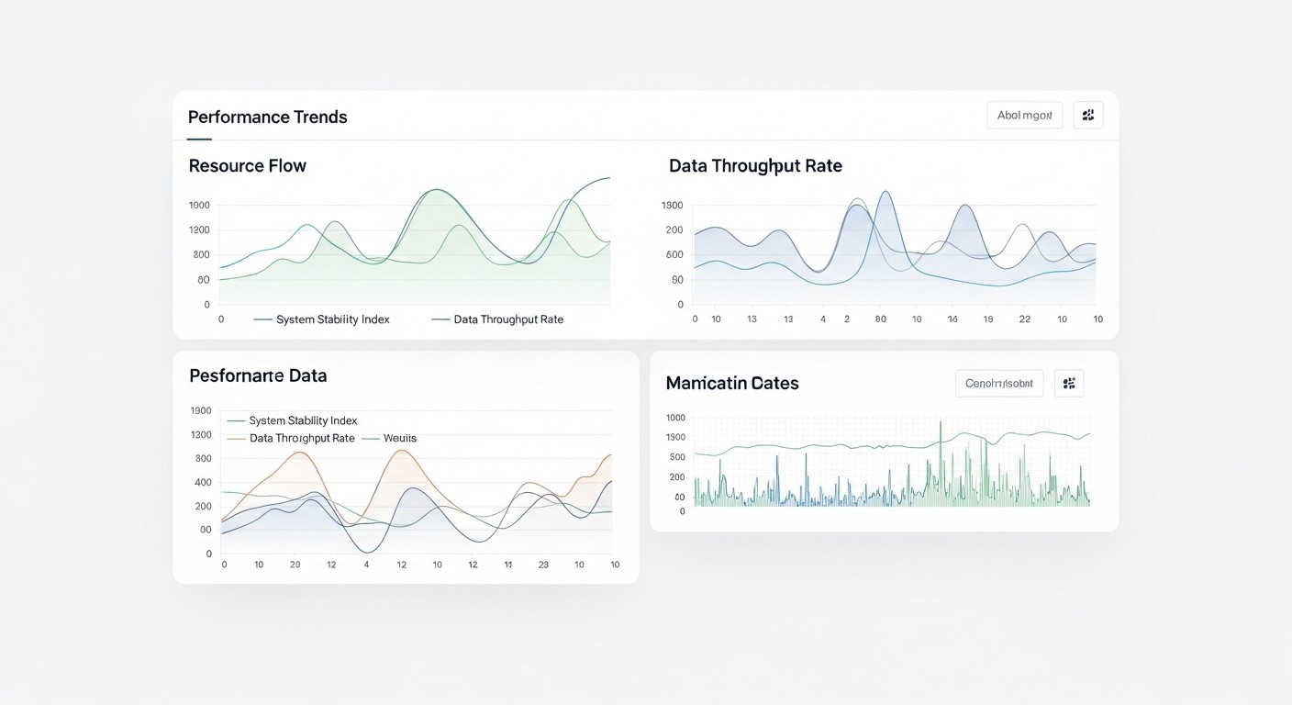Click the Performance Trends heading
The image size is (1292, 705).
click(x=267, y=117)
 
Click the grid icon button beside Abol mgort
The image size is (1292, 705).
click(x=1088, y=115)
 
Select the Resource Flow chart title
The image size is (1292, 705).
click(x=247, y=166)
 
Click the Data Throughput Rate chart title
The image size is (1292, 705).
click(x=755, y=166)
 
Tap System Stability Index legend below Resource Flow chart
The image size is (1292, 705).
click(x=332, y=319)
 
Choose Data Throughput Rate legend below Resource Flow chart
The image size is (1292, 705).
click(x=508, y=319)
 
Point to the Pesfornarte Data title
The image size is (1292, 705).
click(x=258, y=375)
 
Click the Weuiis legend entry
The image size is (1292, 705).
click(x=399, y=439)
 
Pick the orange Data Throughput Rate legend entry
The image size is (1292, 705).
click(x=301, y=439)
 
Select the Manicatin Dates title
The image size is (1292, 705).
click(x=732, y=383)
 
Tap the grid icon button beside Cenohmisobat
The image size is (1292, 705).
click(x=1069, y=383)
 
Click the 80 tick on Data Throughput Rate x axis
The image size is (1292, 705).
click(x=881, y=319)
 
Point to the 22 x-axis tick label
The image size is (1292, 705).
click(x=1025, y=319)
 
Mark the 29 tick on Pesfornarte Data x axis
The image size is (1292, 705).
click(x=295, y=565)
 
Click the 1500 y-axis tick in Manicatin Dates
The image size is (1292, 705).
click(x=675, y=437)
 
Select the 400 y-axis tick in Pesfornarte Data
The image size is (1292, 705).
click(x=202, y=483)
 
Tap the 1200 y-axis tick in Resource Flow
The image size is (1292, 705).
click(x=199, y=230)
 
